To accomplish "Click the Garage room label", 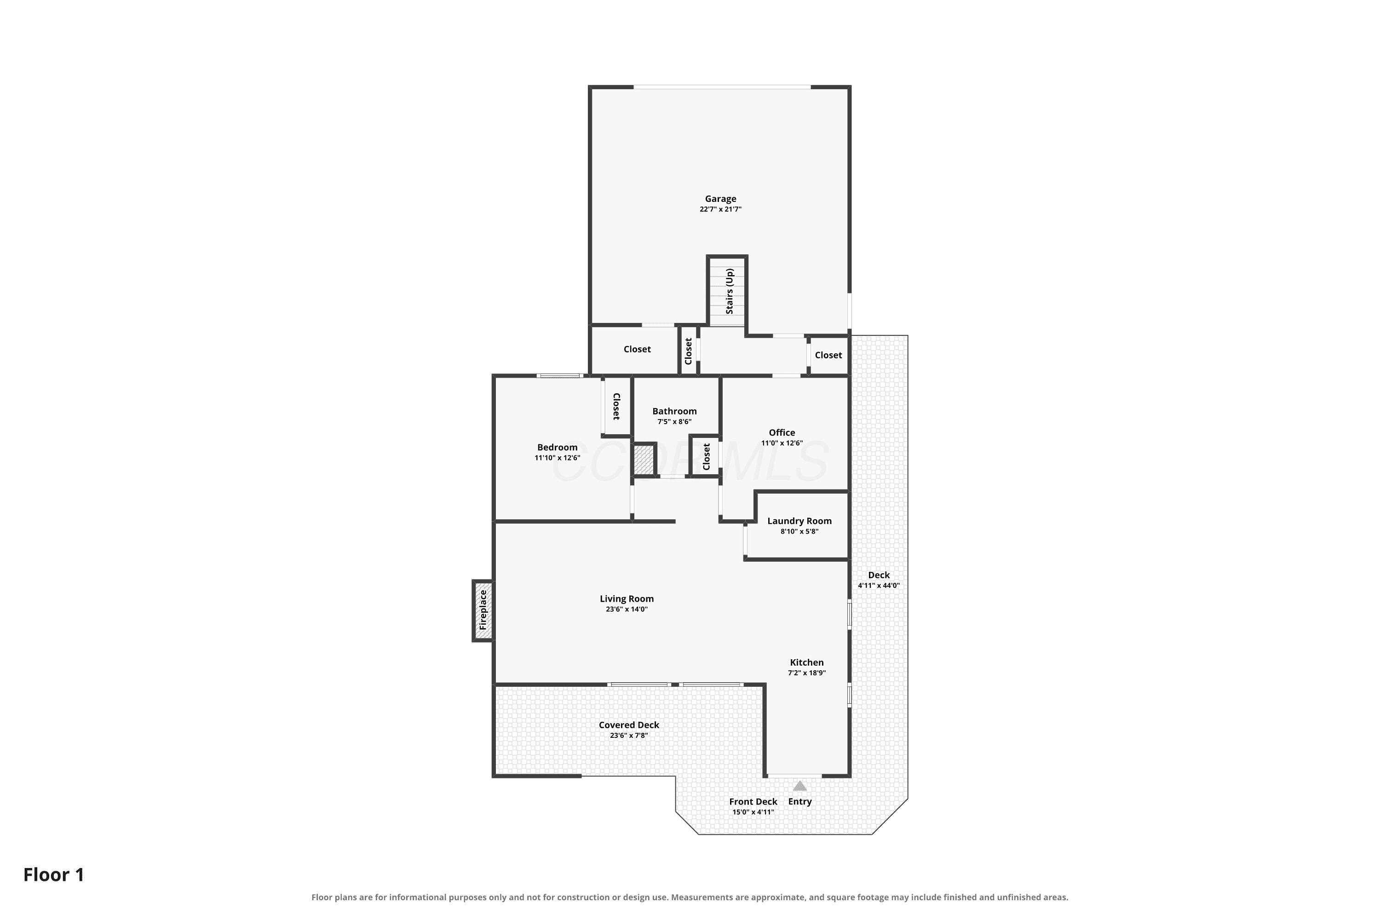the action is click(720, 199).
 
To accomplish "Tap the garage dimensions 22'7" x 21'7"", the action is click(720, 209).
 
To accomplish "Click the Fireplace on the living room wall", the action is click(483, 610).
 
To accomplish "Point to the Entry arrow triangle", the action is click(800, 786).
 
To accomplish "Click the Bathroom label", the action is click(675, 411).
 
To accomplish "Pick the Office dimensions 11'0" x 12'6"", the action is click(782, 443).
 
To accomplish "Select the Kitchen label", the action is click(807, 662).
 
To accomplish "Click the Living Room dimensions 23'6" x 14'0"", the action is click(627, 609).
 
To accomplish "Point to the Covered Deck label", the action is click(629, 725).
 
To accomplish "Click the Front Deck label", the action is click(753, 801).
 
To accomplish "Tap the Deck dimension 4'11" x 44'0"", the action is click(879, 586).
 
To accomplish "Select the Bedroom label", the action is click(558, 447).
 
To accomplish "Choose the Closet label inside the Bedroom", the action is click(616, 407).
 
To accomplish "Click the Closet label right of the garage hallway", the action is click(828, 355).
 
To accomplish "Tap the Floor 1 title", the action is click(54, 875).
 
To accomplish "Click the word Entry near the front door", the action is click(800, 801).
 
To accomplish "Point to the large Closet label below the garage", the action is click(637, 349).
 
